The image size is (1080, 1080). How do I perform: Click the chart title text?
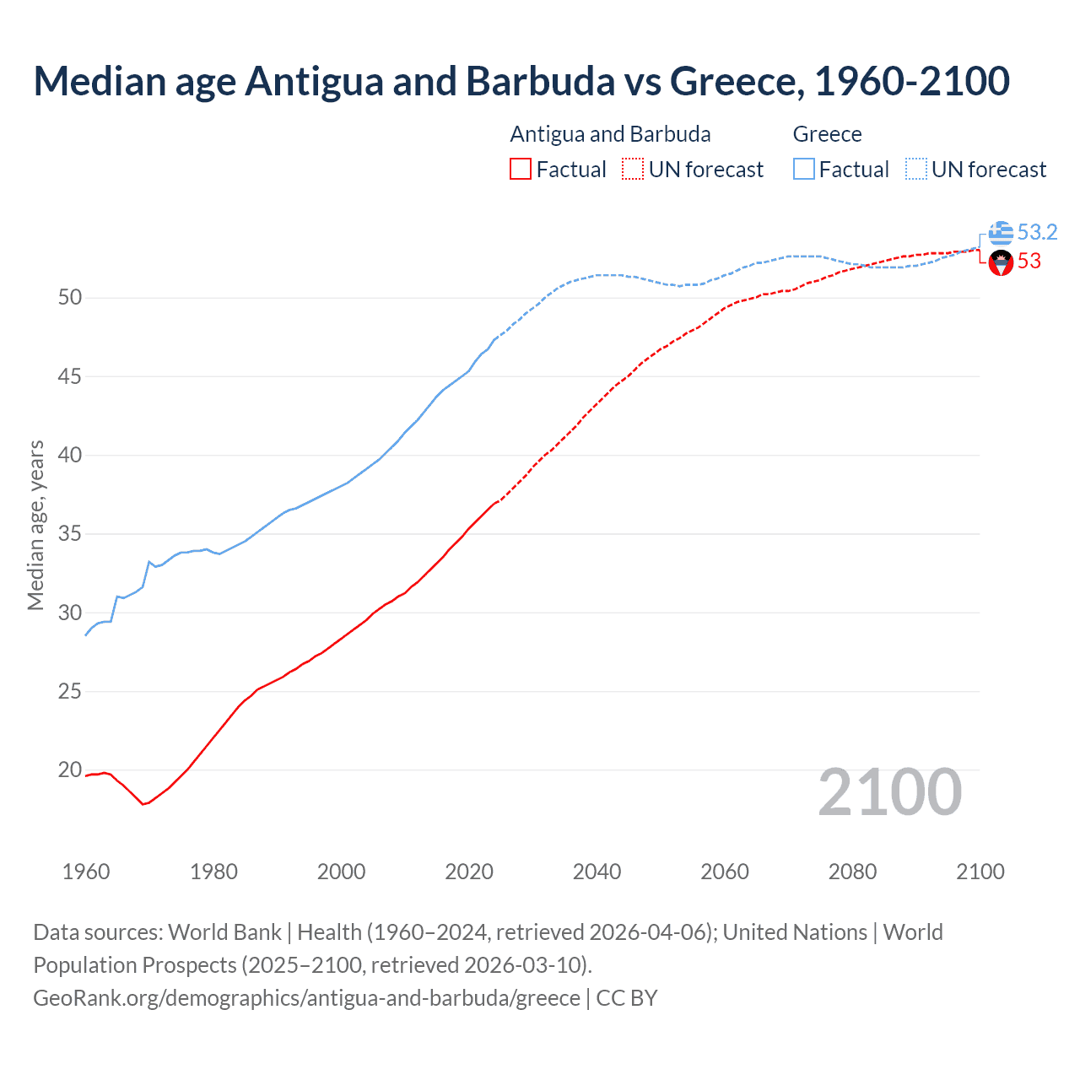point(521,81)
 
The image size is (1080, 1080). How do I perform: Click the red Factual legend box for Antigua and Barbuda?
point(521,170)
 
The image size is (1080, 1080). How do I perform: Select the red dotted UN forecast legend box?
point(633,170)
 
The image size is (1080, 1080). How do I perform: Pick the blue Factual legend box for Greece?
point(804,170)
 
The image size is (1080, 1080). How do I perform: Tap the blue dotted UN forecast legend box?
point(915,170)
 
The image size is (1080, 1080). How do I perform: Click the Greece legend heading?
point(827,134)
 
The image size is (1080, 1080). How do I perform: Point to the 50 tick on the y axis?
point(70,298)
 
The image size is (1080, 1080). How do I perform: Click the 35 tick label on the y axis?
point(70,534)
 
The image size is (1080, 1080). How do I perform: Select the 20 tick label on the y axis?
point(70,770)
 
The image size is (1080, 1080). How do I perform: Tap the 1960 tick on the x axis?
point(86,872)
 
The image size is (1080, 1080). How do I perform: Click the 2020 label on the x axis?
point(469,872)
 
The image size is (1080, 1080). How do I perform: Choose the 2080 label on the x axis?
point(852,872)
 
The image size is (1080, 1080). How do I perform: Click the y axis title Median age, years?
point(35,525)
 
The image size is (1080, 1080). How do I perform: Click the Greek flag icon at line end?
point(1001,233)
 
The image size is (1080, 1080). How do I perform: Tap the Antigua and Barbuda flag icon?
point(1001,263)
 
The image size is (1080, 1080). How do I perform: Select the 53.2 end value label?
point(1037,232)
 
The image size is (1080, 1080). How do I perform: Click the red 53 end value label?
point(1029,262)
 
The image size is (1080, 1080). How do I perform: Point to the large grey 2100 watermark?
point(890,791)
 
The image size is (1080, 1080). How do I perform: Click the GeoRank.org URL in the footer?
point(306,998)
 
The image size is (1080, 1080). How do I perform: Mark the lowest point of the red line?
point(143,804)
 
